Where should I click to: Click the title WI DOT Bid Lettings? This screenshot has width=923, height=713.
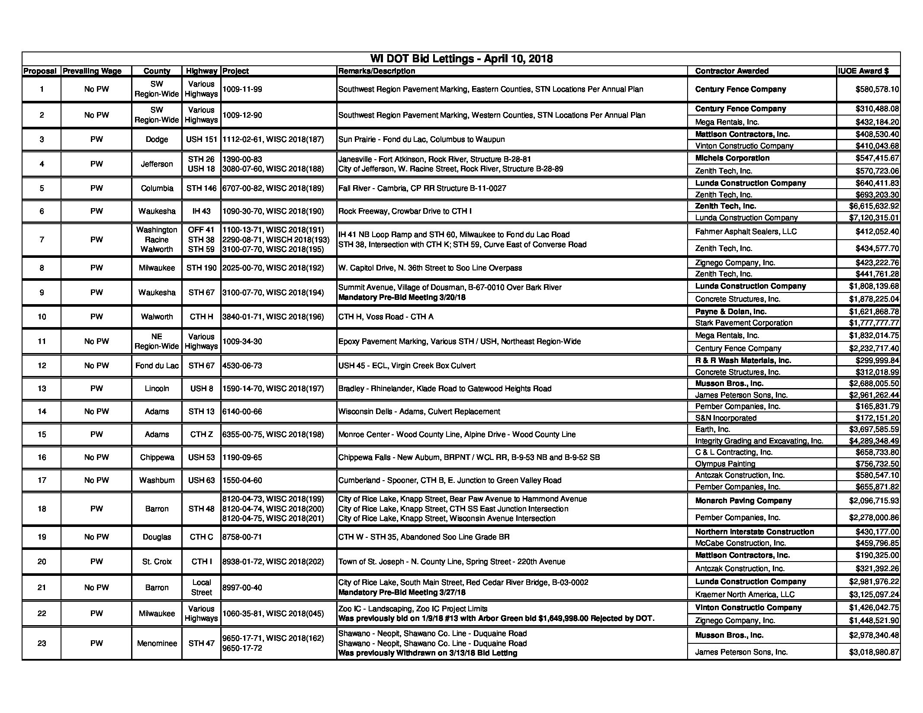(461, 59)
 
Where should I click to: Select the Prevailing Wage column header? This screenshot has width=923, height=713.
(92, 71)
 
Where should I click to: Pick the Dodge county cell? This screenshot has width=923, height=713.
(157, 139)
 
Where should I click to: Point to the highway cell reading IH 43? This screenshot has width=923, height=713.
(201, 211)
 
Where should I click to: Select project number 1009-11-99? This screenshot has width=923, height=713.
(242, 89)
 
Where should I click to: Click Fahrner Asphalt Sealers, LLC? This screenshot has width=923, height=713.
(746, 231)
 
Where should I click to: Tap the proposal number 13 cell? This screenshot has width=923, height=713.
(42, 389)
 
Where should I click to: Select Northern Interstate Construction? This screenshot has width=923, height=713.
(754, 532)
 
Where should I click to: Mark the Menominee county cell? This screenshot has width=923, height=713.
(157, 643)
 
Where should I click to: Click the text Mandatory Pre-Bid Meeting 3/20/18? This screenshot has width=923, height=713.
(402, 297)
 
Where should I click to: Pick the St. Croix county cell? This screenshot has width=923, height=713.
(157, 562)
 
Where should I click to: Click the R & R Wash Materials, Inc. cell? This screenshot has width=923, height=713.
(743, 360)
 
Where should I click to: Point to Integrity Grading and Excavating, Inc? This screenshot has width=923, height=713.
(759, 441)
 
